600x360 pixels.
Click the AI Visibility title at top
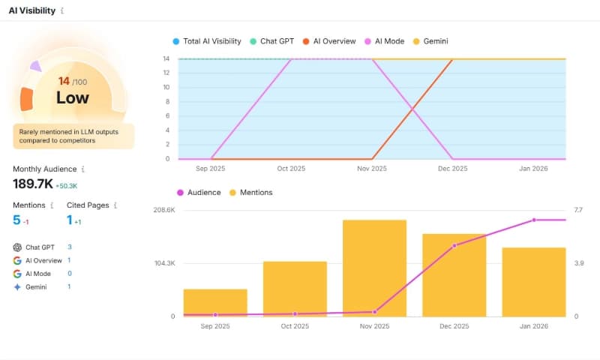pyautogui.click(x=32, y=10)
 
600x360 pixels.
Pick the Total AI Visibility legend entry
pyautogui.click(x=209, y=41)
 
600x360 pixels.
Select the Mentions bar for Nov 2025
pyautogui.click(x=374, y=270)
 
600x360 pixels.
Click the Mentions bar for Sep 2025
pyautogui.click(x=215, y=304)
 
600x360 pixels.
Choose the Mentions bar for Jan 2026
pyautogui.click(x=533, y=283)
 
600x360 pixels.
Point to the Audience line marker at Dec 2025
pyautogui.click(x=454, y=245)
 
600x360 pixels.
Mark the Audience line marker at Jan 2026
pyautogui.click(x=533, y=220)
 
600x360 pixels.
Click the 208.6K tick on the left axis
pyautogui.click(x=163, y=210)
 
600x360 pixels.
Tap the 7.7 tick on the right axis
pyautogui.click(x=578, y=210)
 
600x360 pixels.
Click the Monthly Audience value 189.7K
pyautogui.click(x=32, y=184)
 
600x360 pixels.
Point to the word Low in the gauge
pyautogui.click(x=73, y=97)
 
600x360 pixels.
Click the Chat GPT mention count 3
pyautogui.click(x=70, y=247)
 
